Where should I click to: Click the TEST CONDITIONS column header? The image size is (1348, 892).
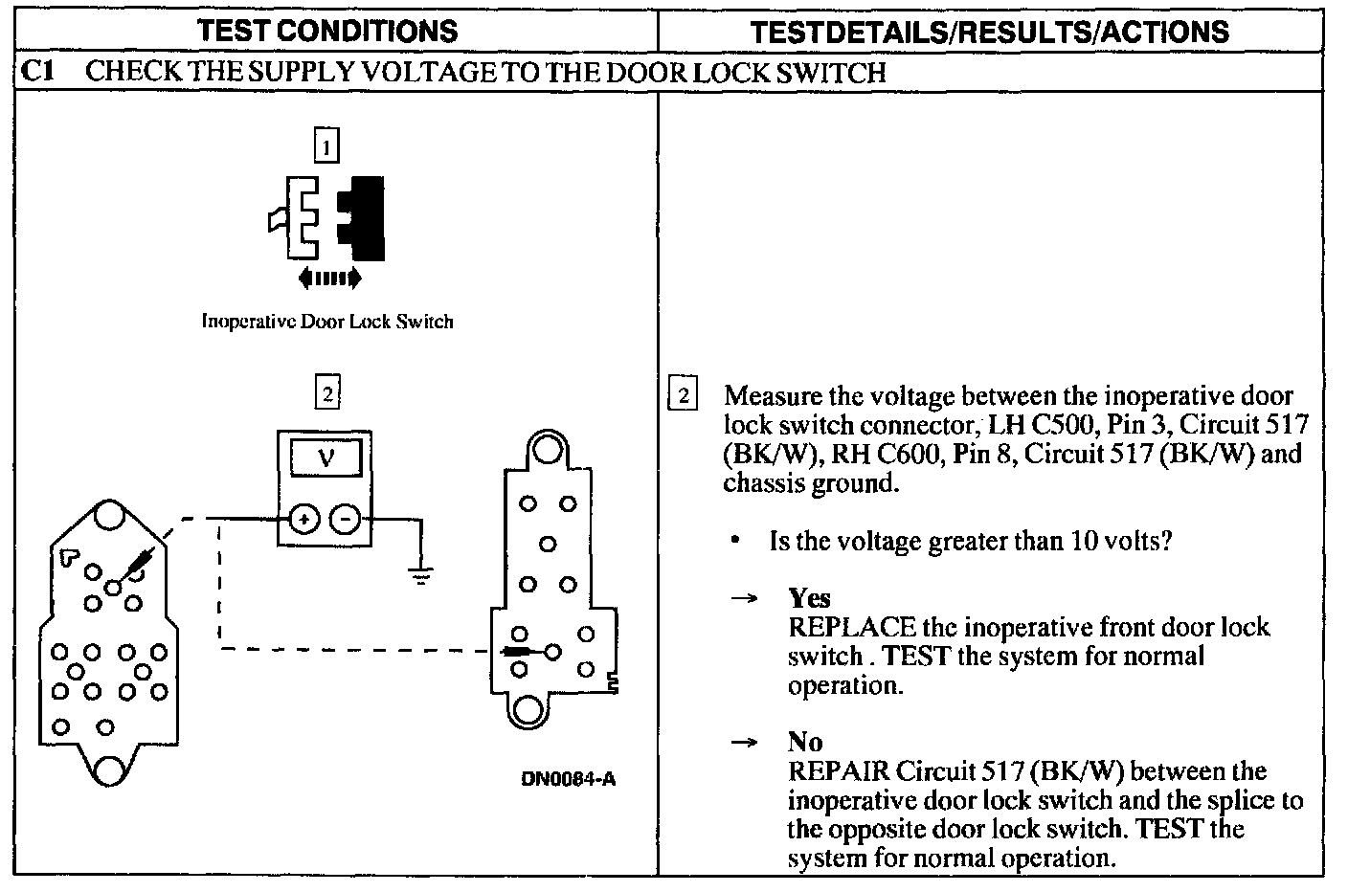click(x=327, y=31)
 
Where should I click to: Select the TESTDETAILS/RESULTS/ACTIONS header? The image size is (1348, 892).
click(x=989, y=32)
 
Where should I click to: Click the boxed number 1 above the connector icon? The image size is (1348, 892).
click(x=326, y=145)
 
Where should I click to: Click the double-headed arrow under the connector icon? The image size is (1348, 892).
click(x=329, y=279)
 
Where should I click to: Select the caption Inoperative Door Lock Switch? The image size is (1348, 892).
click(x=326, y=322)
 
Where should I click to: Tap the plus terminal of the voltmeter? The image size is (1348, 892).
click(x=304, y=520)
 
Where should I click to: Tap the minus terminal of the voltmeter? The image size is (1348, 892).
click(x=346, y=520)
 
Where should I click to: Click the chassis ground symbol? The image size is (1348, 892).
click(x=420, y=574)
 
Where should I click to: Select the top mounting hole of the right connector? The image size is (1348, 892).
click(x=547, y=449)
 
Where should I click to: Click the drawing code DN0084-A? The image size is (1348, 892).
click(x=568, y=778)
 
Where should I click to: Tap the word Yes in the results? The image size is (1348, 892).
click(x=809, y=598)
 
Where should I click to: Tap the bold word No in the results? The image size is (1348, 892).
click(x=804, y=742)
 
